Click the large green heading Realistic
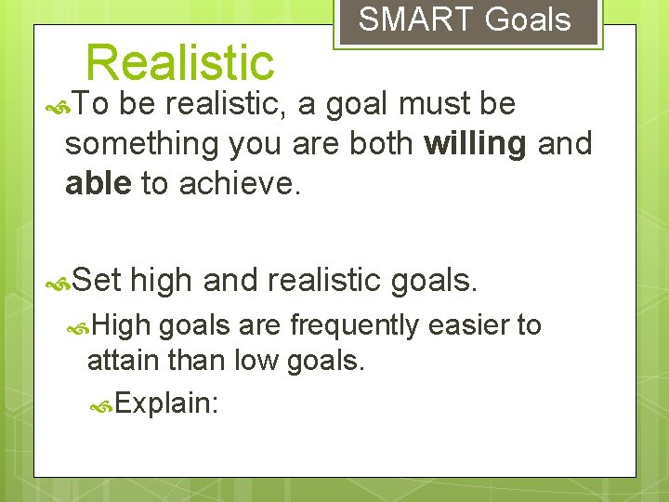[179, 63]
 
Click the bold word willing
[475, 144]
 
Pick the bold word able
[98, 184]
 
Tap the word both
[381, 144]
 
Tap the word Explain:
[168, 404]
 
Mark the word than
[202, 360]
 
